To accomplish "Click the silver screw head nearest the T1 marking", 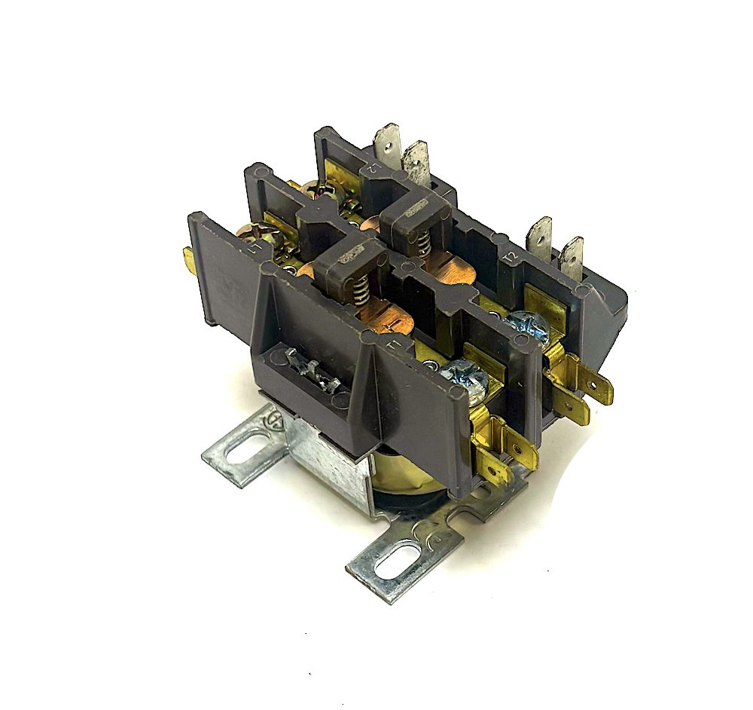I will (x=460, y=375).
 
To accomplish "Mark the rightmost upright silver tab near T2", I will (x=572, y=256).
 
